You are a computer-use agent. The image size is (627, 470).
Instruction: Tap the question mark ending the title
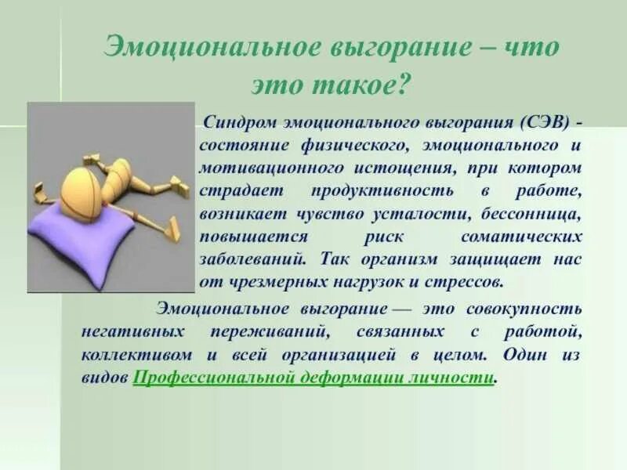click(403, 85)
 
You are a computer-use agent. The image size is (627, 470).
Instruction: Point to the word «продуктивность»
click(382, 190)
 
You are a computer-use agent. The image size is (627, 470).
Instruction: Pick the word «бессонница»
click(531, 214)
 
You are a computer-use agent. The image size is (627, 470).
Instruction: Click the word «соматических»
click(521, 237)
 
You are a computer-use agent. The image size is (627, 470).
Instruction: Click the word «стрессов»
click(462, 282)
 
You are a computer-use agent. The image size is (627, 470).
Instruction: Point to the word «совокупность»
click(524, 309)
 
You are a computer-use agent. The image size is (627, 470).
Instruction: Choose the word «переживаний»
click(270, 332)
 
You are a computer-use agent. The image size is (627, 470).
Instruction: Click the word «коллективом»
click(136, 356)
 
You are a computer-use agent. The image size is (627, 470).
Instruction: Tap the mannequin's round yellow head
click(83, 188)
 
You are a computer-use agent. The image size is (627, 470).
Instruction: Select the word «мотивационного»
click(271, 168)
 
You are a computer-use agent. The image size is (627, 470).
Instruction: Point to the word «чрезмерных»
click(278, 283)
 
